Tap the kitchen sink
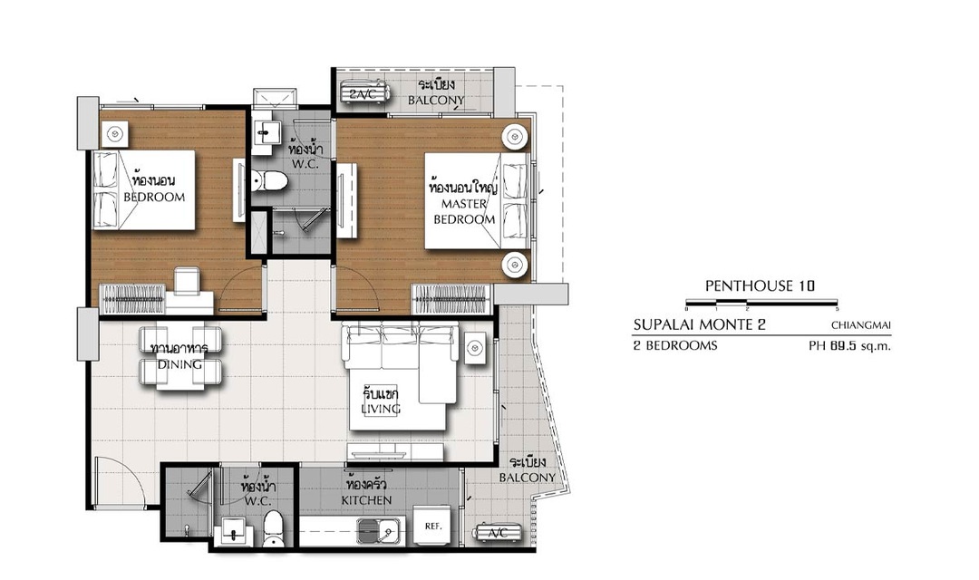tap(379, 531)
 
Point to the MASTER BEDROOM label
tap(464, 211)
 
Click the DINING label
tap(179, 364)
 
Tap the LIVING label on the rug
tap(380, 409)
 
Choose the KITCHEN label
tap(366, 500)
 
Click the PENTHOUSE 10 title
tap(760, 286)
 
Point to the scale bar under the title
tap(761, 304)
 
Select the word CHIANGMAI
tap(861, 324)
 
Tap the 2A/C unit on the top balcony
tap(365, 93)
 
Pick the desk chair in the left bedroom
tap(187, 280)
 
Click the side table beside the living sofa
tap(474, 347)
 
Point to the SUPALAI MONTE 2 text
tap(699, 324)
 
